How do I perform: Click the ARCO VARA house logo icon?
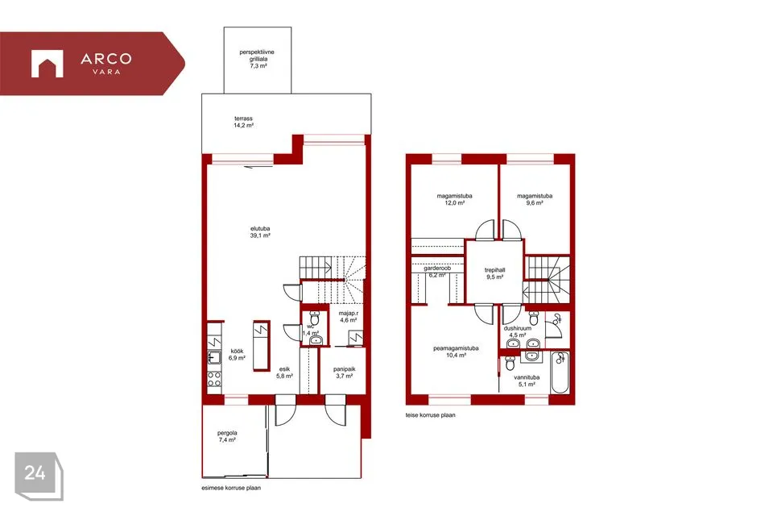point(48,64)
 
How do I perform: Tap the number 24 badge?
point(39,476)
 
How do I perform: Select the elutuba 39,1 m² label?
point(260,232)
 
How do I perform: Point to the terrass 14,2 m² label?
point(243,122)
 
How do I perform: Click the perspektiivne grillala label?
point(257,59)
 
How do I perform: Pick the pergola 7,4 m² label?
point(227,436)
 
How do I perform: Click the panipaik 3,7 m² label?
point(344,372)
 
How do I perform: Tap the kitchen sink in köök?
point(214,357)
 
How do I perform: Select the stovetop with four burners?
point(214,379)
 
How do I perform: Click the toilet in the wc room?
point(314,318)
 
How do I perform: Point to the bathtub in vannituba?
point(560,372)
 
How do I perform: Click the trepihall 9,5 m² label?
point(494,273)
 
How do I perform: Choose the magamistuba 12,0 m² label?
point(454,199)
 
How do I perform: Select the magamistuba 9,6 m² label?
point(535,199)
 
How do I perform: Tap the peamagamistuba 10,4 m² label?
point(456,352)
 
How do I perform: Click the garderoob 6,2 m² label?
point(437,272)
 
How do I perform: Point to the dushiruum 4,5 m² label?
point(518,331)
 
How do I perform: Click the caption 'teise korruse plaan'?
point(430,415)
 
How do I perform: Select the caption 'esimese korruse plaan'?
point(231,488)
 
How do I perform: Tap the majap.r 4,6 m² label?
point(348,317)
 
